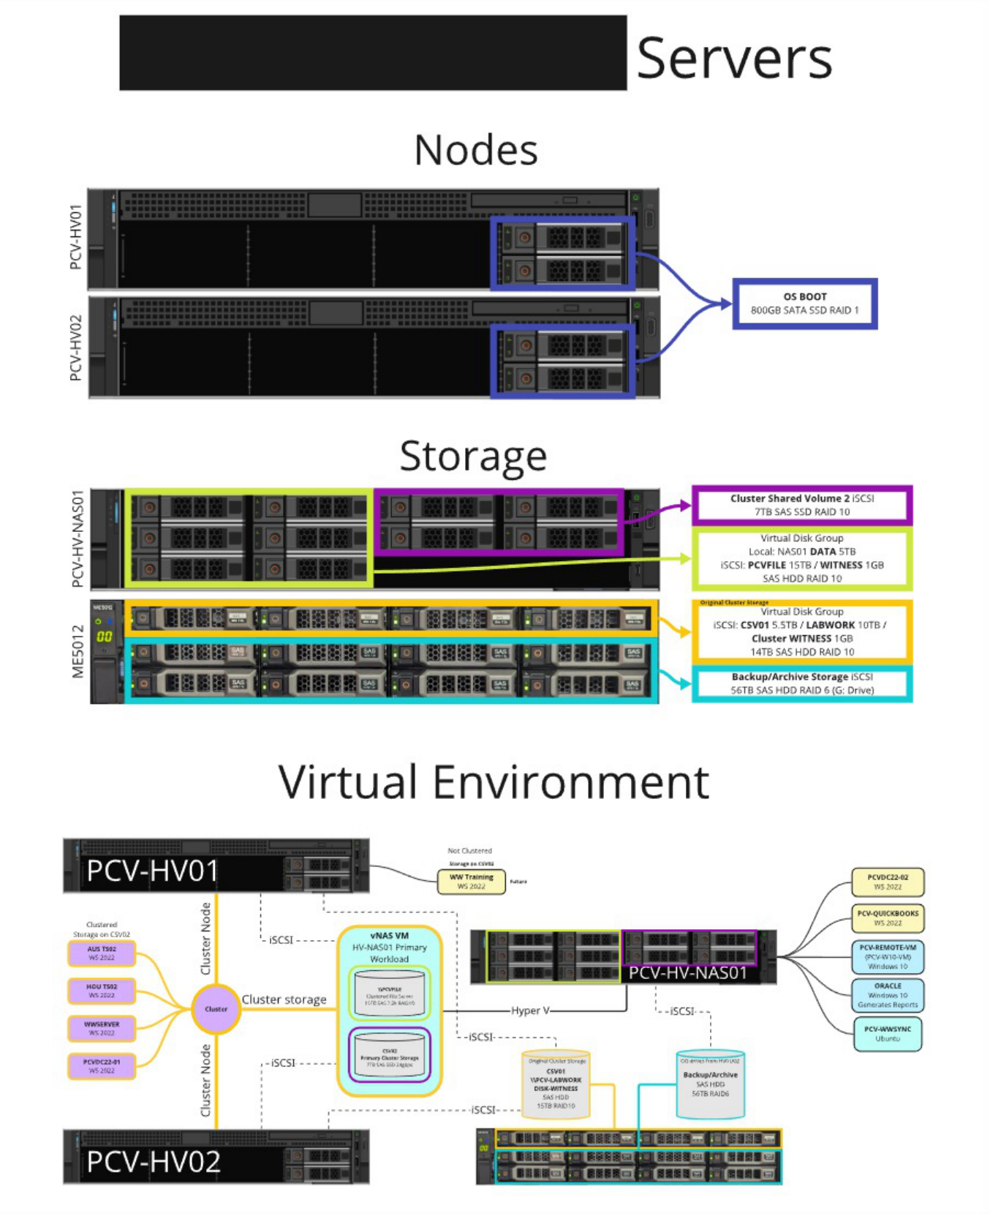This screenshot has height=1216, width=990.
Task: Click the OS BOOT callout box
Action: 804,304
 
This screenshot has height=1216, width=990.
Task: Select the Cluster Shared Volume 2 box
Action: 801,505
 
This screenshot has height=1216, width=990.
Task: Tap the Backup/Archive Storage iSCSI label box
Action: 801,683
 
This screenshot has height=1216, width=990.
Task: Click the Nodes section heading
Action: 475,151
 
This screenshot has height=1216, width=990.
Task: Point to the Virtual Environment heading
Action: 494,782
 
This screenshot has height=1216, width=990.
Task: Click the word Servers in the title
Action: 734,59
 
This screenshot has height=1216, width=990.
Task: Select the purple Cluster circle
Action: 216,1009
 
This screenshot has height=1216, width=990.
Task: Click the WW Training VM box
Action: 472,882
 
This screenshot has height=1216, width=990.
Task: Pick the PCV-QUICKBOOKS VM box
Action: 888,918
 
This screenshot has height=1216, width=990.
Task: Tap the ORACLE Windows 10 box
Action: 888,995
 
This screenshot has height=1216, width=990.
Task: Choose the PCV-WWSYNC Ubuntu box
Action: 888,1034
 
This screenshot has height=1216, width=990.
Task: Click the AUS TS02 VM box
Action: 102,953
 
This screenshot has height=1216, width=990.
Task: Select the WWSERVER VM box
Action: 102,1029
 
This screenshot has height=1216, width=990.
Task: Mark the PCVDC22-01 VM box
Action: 102,1066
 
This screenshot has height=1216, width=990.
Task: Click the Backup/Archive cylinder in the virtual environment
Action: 710,1085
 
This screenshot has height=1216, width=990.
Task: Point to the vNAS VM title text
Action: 389,936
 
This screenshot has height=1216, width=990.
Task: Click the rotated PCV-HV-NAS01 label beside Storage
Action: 78,538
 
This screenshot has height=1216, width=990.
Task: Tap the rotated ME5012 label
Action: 78,651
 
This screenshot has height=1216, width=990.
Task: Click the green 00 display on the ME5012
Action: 104,637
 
